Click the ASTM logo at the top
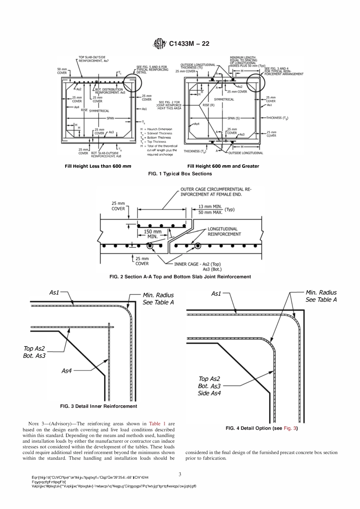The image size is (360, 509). coord(159,44)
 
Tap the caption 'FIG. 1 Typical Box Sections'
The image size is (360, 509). coord(180,174)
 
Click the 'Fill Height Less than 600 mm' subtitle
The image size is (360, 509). coord(98,166)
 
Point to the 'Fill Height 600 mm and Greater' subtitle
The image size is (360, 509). coord(223,166)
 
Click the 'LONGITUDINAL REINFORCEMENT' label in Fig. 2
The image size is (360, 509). coord(224,231)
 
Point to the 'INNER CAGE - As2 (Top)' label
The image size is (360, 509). coord(197,264)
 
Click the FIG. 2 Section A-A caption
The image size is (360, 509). coord(180,277)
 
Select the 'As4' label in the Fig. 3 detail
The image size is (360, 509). coord(66,371)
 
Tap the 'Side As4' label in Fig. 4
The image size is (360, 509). coord(209,393)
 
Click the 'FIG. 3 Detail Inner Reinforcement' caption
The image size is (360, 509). coord(99,406)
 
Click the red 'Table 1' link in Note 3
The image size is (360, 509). coord(157,424)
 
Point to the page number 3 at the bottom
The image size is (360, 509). coord(180,474)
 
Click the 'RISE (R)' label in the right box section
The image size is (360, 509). coord(208,105)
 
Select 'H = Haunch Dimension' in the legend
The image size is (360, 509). coord(156,129)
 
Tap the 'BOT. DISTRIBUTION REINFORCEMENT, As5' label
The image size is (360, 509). coord(110,91)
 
